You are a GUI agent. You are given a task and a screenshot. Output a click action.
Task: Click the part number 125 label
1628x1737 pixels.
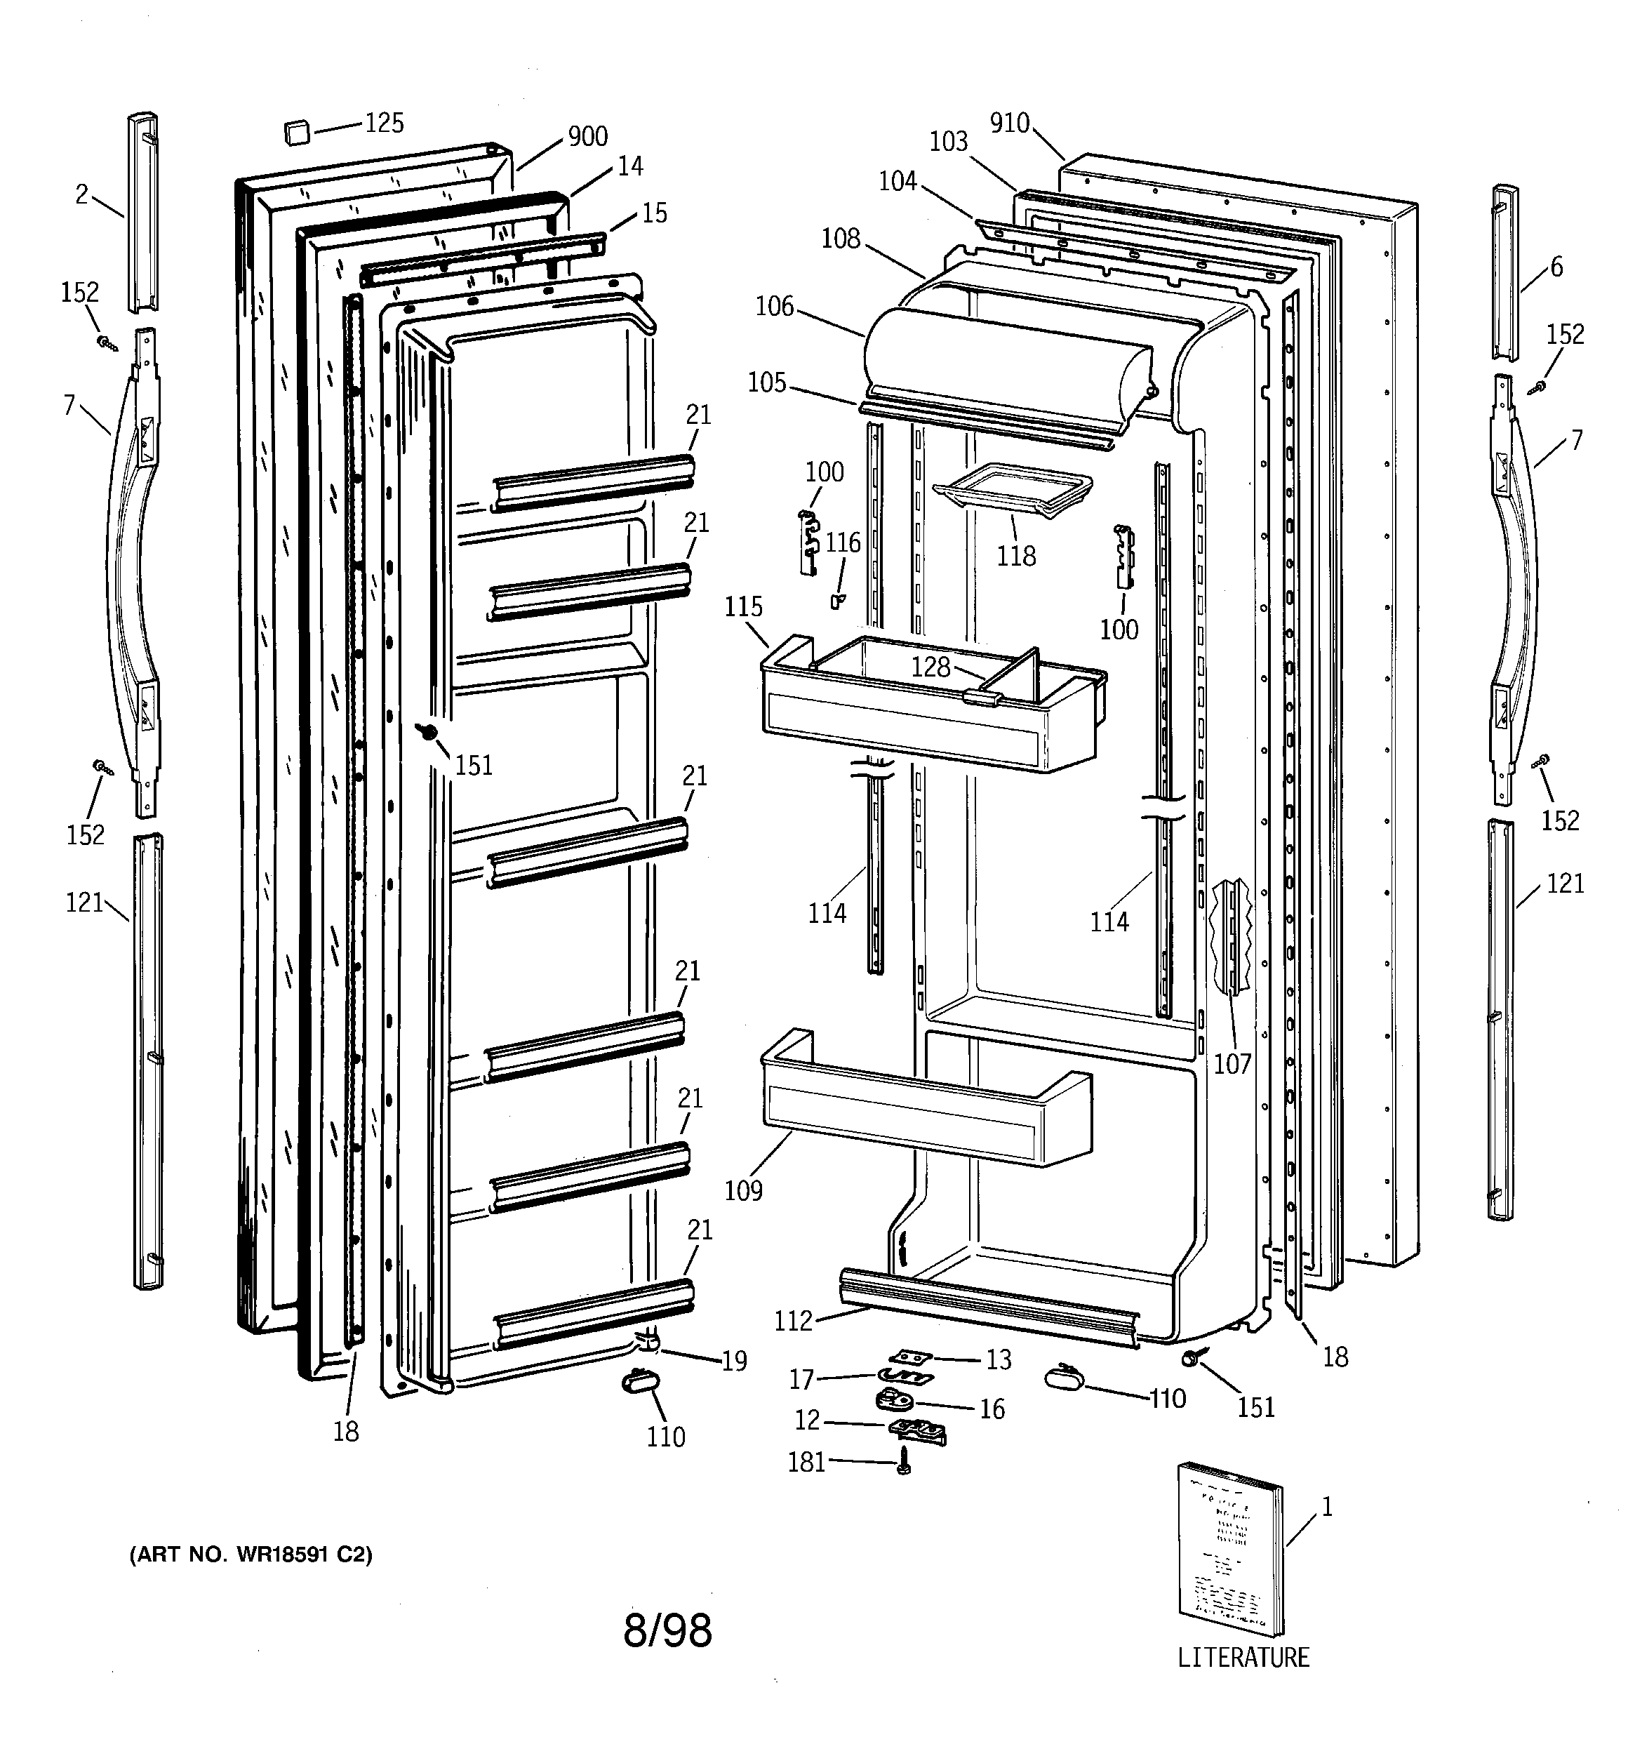(384, 124)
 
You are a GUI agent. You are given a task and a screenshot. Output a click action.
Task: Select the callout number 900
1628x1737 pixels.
(587, 136)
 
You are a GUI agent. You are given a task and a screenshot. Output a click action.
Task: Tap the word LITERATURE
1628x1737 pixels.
(1243, 1658)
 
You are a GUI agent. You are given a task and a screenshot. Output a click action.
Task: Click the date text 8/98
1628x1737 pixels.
(667, 1630)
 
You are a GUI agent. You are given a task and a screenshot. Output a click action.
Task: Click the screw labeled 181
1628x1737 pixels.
(905, 1461)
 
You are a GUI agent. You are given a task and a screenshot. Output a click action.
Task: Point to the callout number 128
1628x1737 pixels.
(930, 667)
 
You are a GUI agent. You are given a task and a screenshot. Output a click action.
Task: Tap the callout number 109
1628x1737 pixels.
(743, 1191)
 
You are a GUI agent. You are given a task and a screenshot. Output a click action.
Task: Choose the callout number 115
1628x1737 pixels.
(743, 606)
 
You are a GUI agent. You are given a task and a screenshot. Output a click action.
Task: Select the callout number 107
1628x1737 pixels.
(1232, 1063)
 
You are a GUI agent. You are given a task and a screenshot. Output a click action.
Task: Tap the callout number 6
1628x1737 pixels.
(1556, 267)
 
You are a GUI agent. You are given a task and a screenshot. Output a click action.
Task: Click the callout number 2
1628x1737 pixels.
(81, 194)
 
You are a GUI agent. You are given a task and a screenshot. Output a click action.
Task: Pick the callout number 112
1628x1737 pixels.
(792, 1321)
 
